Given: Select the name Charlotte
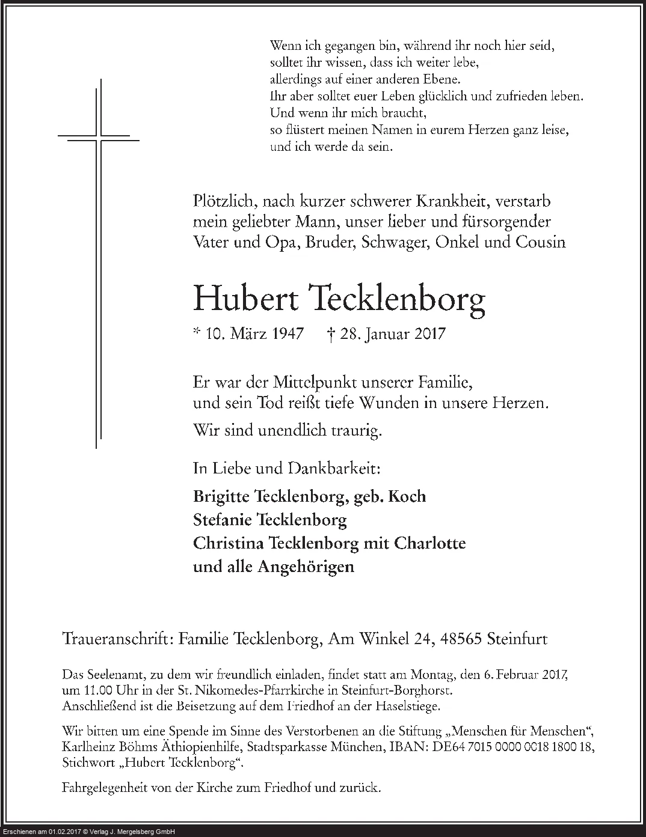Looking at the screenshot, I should [429, 543].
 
